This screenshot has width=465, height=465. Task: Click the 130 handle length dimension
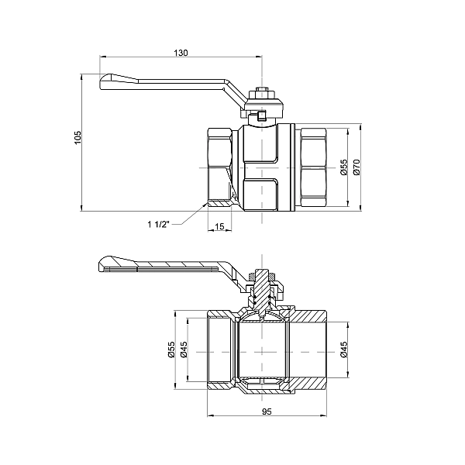pos(181,53)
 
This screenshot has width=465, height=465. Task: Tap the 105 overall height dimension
pos(77,137)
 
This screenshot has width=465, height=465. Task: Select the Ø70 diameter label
pos(356,167)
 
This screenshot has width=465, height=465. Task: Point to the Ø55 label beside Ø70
pos(343,167)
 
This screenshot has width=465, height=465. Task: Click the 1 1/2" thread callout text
pos(158,225)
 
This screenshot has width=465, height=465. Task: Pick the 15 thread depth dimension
pos(219,226)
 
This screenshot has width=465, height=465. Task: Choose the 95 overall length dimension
pos(267,412)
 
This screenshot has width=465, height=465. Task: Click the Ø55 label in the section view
pos(170,350)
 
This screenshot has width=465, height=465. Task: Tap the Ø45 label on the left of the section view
pos(184,350)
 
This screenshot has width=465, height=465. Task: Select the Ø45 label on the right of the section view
pos(343,350)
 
